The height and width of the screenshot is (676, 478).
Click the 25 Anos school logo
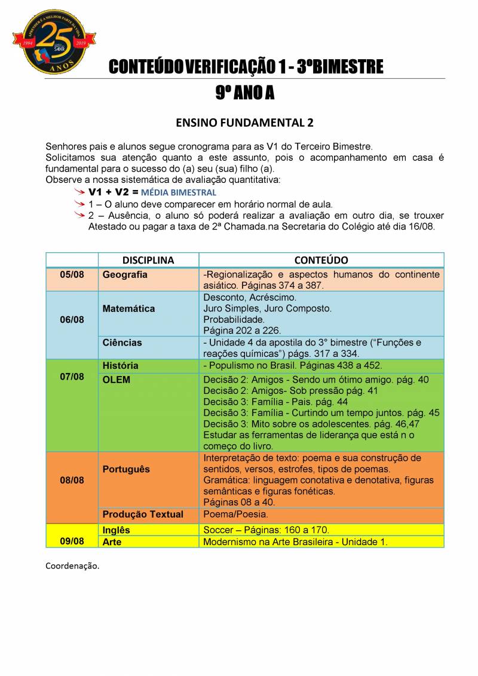54,42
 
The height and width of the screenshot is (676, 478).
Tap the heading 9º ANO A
244,93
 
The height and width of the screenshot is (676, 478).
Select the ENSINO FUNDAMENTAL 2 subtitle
244,123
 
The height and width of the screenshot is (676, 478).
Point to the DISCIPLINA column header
148,261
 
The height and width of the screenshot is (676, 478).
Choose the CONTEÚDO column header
321,261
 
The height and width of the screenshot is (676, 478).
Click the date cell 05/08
72,275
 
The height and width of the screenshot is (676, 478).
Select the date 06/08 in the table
72,320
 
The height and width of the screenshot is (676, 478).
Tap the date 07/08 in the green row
72,377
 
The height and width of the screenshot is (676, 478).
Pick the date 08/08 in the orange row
72,481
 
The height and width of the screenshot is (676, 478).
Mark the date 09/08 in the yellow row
72,541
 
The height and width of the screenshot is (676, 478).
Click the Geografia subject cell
125,275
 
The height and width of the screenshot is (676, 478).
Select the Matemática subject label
128,309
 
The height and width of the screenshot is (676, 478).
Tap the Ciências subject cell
122,342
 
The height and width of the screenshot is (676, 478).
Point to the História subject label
121,365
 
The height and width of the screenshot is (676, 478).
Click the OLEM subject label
117,380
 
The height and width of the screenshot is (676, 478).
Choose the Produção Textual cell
143,514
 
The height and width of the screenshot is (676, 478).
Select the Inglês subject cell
117,530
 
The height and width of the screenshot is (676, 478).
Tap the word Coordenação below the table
72,565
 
